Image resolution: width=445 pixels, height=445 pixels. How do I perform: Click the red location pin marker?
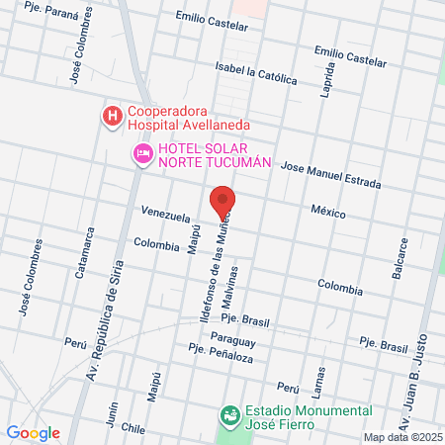223,202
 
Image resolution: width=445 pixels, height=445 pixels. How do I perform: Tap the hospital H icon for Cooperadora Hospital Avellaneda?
113,118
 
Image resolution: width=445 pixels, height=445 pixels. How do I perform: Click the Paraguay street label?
260,340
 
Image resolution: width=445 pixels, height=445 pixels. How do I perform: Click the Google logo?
33,433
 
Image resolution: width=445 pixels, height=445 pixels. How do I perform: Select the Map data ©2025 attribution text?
401,437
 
